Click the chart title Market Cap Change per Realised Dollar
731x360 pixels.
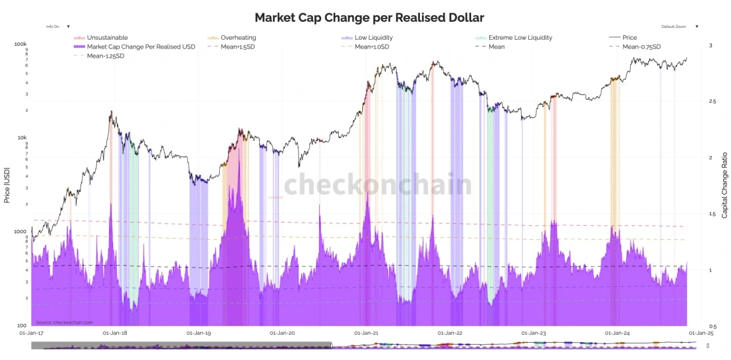tap(369, 18)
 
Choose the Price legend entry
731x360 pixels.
tap(629, 38)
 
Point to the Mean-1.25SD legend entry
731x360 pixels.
tap(105, 56)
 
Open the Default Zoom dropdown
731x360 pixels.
tap(679, 27)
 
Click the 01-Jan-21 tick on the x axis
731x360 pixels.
tap(366, 332)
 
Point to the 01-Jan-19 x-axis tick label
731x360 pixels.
tap(199, 332)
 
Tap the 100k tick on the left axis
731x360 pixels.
tap(20, 45)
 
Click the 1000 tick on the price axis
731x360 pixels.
tap(20, 232)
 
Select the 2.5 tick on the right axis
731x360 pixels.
tap(714, 102)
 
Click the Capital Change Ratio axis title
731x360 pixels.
tap(724, 185)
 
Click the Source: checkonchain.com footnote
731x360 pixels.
tap(64, 322)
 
